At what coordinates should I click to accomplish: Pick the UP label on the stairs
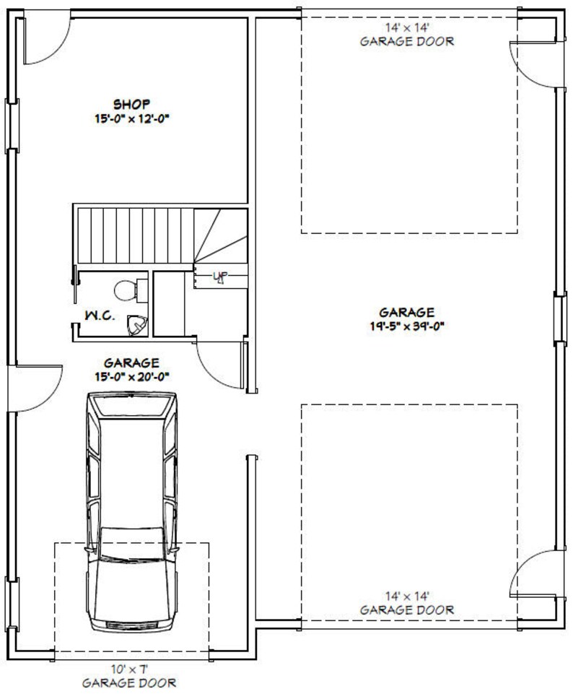(x=219, y=277)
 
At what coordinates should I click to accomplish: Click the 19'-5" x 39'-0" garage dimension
(x=406, y=325)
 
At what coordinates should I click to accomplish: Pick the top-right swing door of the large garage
(x=533, y=64)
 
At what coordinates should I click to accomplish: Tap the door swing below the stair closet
(x=220, y=364)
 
